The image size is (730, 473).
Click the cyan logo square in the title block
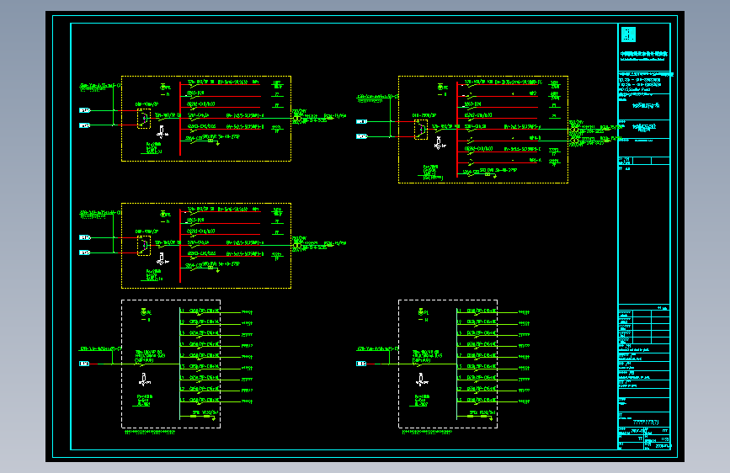pyautogui.click(x=627, y=35)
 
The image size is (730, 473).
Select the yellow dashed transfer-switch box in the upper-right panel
pyautogui.click(x=420, y=129)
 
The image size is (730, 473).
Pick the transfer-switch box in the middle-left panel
pyautogui.click(x=144, y=245)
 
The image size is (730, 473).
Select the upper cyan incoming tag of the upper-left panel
pyautogui.click(x=84, y=110)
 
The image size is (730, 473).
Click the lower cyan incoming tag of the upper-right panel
pyautogui.click(x=361, y=136)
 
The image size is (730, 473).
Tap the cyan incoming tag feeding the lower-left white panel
pyautogui.click(x=84, y=364)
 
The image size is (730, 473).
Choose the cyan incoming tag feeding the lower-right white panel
pyautogui.click(x=361, y=364)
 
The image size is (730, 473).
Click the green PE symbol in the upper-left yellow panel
pyautogui.click(x=165, y=86)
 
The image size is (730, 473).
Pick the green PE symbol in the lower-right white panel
pyautogui.click(x=422, y=312)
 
